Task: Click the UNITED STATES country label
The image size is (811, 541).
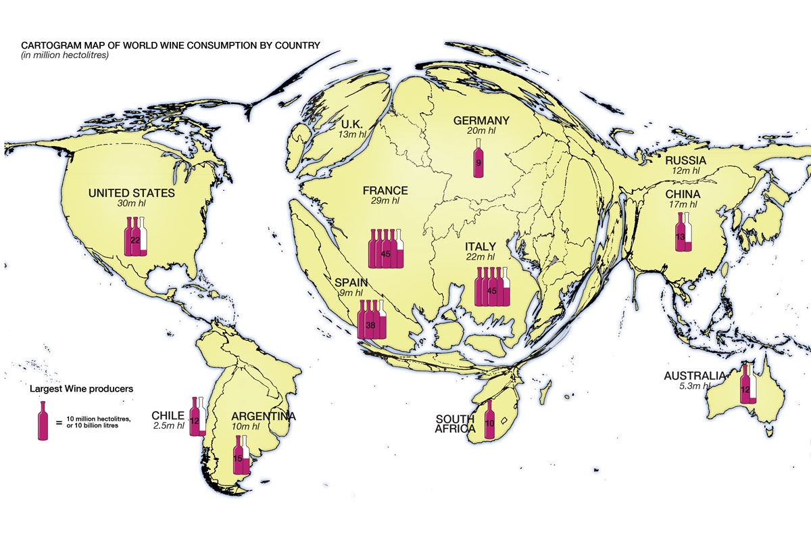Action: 131,193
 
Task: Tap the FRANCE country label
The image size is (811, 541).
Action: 385,191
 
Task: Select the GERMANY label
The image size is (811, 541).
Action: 481,121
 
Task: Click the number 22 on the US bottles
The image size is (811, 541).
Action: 134,239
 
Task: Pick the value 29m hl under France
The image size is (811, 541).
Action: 385,202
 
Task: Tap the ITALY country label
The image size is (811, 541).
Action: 481,247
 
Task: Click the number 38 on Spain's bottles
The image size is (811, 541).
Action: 370,325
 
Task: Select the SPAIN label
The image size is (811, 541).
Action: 349,283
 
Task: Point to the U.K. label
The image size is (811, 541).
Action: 351,124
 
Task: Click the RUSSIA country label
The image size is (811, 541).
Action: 685,161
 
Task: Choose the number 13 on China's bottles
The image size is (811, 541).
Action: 681,237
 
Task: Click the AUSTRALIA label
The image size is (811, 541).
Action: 695,376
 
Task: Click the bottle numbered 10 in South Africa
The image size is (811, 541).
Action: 490,421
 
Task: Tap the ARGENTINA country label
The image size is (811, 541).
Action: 263,417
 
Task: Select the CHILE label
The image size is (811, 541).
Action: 168,415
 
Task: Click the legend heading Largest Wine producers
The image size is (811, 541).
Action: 80,390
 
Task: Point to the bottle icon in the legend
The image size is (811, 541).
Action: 44,421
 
